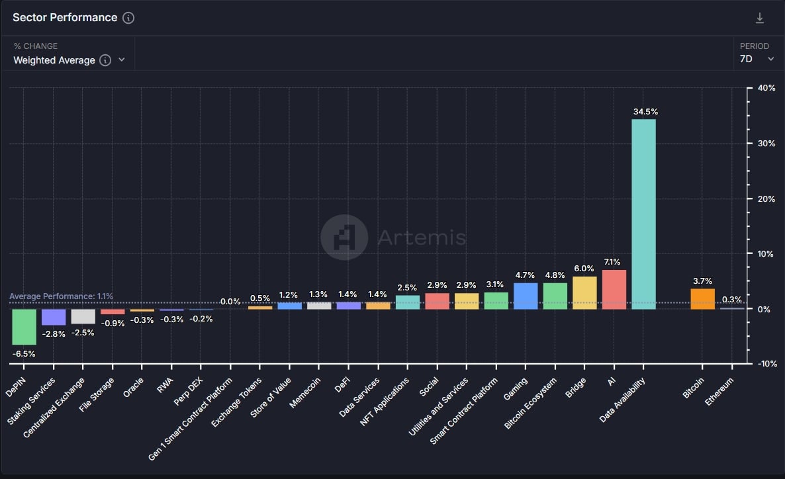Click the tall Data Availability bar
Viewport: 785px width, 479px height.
pyautogui.click(x=643, y=214)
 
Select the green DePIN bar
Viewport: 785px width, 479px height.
pyautogui.click(x=24, y=327)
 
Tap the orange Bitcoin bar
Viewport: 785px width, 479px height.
pyautogui.click(x=702, y=299)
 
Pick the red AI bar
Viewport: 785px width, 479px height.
pyautogui.click(x=614, y=289)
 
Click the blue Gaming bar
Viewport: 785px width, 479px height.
pyautogui.click(x=526, y=296)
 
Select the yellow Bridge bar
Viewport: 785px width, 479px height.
pyautogui.click(x=584, y=292)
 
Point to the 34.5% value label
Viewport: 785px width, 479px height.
pyautogui.click(x=644, y=112)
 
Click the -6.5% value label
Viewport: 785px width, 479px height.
pyautogui.click(x=24, y=353)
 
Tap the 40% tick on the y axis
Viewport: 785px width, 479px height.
pyautogui.click(x=766, y=89)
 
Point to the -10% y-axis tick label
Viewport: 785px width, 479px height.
pyautogui.click(x=766, y=364)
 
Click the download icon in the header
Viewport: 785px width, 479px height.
pyautogui.click(x=760, y=18)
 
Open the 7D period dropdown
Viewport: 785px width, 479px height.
pyautogui.click(x=757, y=59)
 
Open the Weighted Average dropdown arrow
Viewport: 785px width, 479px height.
pyautogui.click(x=122, y=60)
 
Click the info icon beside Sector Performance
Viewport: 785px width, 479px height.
pyautogui.click(x=128, y=18)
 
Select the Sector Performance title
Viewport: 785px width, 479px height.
pyautogui.click(x=65, y=18)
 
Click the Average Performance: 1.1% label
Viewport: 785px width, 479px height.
pyautogui.click(x=61, y=296)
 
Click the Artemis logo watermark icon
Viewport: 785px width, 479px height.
pyautogui.click(x=344, y=237)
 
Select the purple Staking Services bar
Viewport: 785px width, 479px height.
pyautogui.click(x=54, y=317)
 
